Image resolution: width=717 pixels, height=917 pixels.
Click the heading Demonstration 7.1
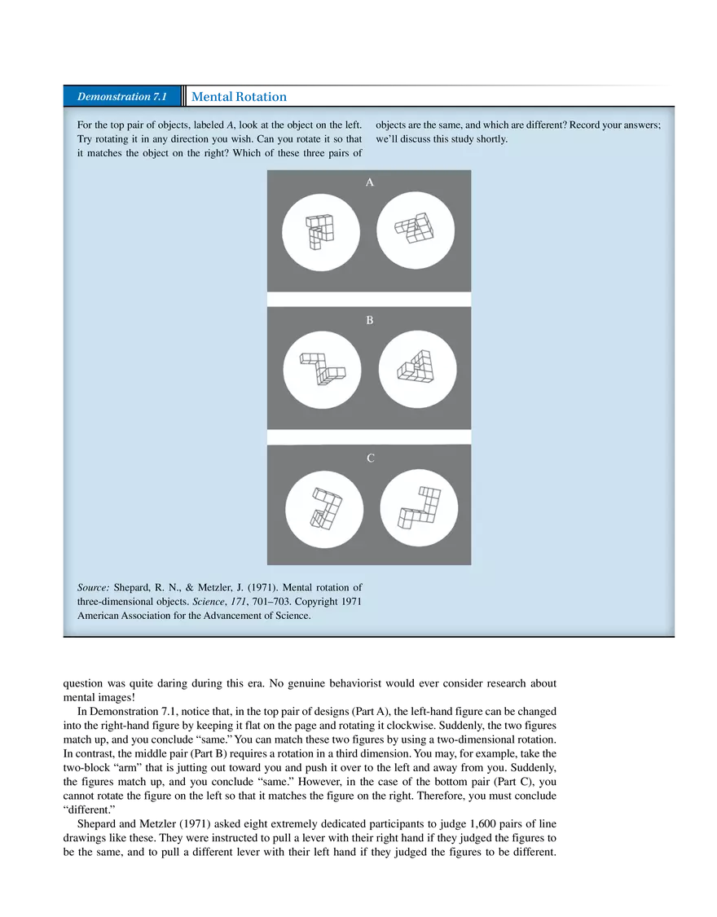point(121,97)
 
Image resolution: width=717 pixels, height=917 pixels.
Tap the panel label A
point(369,182)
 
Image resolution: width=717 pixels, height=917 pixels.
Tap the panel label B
point(369,320)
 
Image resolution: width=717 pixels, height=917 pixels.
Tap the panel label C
point(370,458)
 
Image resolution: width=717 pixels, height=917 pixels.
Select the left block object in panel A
point(320,231)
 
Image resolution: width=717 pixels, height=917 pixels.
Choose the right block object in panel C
point(419,509)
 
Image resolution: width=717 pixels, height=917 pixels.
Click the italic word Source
point(93,587)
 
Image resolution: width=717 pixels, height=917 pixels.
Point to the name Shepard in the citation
point(132,587)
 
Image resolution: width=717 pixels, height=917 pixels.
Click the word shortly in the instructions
point(488,139)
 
